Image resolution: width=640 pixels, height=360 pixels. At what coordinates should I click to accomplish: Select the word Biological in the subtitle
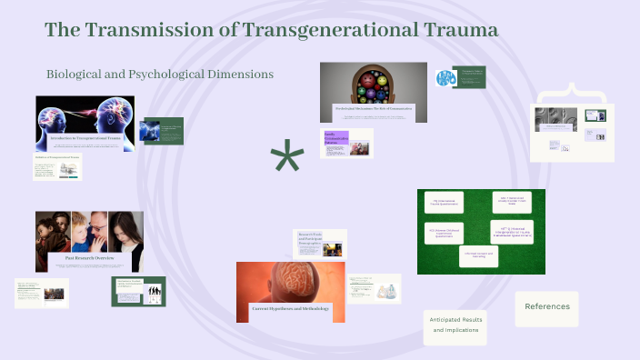pos(80,74)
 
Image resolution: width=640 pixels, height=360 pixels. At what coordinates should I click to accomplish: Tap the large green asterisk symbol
pos(287,161)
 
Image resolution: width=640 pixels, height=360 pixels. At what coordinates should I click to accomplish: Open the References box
pos(546,307)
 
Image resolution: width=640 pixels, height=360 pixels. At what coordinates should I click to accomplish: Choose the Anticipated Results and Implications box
pos(455,325)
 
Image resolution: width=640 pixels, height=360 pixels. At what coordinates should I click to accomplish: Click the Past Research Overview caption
pos(89,260)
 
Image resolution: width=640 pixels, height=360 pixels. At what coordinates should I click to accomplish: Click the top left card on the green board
pos(445,202)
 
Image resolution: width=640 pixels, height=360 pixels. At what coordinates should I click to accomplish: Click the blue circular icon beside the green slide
pos(445,78)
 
